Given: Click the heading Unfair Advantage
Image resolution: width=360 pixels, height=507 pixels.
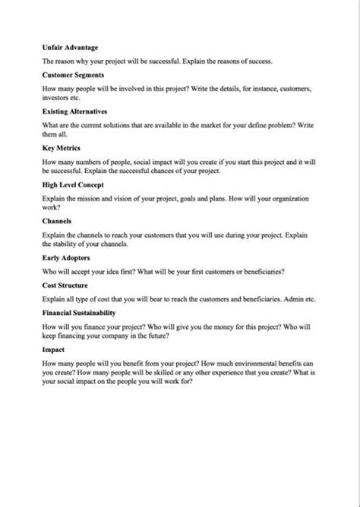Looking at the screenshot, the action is click(x=71, y=47).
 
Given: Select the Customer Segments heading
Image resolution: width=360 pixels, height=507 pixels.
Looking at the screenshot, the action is click(x=74, y=75).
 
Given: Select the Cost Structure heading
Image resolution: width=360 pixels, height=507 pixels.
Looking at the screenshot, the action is click(x=67, y=284).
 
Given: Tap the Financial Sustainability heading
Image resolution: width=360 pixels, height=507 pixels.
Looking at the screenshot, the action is click(x=80, y=312).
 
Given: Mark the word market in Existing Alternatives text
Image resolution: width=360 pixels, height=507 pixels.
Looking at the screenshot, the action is click(x=200, y=124).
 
